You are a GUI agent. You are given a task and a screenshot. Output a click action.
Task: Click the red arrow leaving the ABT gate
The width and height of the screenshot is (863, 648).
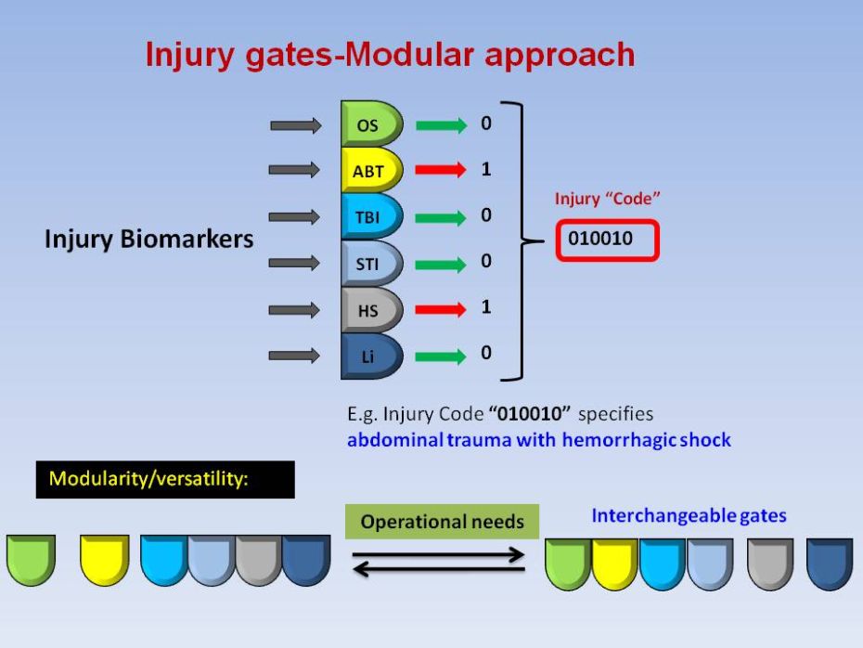[441, 170]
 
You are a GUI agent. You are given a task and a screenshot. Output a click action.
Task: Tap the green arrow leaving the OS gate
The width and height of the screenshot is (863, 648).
[441, 124]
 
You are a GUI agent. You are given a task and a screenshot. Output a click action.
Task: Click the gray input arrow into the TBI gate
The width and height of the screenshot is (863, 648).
[294, 216]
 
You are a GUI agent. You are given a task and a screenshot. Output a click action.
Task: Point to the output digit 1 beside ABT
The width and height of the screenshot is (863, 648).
[485, 170]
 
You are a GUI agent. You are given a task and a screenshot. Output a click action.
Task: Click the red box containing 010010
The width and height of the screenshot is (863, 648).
[608, 240]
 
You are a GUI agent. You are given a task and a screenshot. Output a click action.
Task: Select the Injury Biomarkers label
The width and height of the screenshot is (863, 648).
[148, 240]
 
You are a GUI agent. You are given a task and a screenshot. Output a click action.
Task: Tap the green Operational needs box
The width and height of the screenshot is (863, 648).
[442, 522]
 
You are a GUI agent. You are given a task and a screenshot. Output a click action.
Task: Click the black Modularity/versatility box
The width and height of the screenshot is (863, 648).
[165, 480]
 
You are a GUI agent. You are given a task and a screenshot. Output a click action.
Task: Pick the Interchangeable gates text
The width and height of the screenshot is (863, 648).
[689, 516]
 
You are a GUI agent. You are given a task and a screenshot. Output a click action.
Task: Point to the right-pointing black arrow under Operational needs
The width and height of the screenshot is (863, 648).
[439, 555]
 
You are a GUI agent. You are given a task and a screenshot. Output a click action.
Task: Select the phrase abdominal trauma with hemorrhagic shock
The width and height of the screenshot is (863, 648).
[538, 440]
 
